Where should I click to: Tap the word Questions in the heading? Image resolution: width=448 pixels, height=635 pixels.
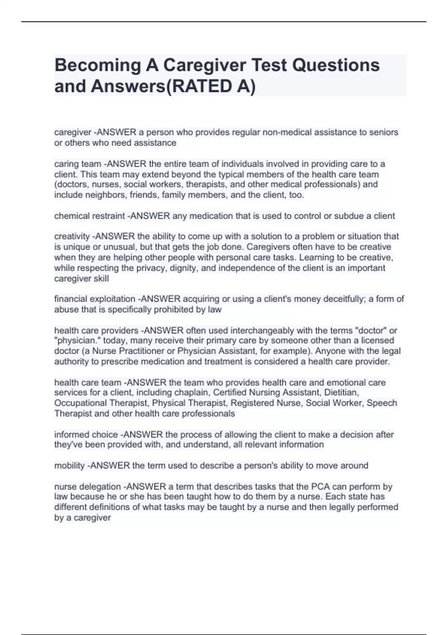(336, 65)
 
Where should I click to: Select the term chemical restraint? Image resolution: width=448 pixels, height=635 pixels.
(90, 216)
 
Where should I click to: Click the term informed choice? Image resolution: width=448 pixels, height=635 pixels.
(86, 434)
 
